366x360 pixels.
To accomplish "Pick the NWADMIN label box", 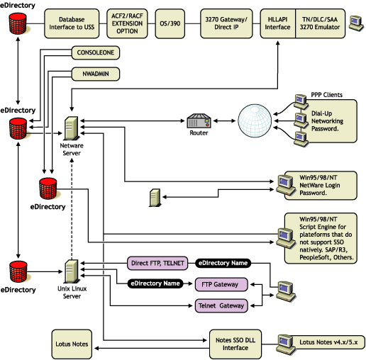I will pyautogui.click(x=94, y=73).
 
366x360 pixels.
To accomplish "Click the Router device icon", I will pyautogui.click(x=198, y=122).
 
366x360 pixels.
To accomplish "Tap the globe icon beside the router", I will pyautogui.click(x=257, y=122).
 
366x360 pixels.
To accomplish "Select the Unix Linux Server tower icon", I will pyautogui.click(x=71, y=270).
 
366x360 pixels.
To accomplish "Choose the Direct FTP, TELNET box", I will pyautogui.click(x=158, y=263).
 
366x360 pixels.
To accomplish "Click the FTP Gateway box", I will pyautogui.click(x=221, y=284).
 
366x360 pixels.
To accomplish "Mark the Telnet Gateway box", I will pyautogui.click(x=221, y=306).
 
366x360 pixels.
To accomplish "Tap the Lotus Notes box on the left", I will pyautogui.click(x=72, y=344).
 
